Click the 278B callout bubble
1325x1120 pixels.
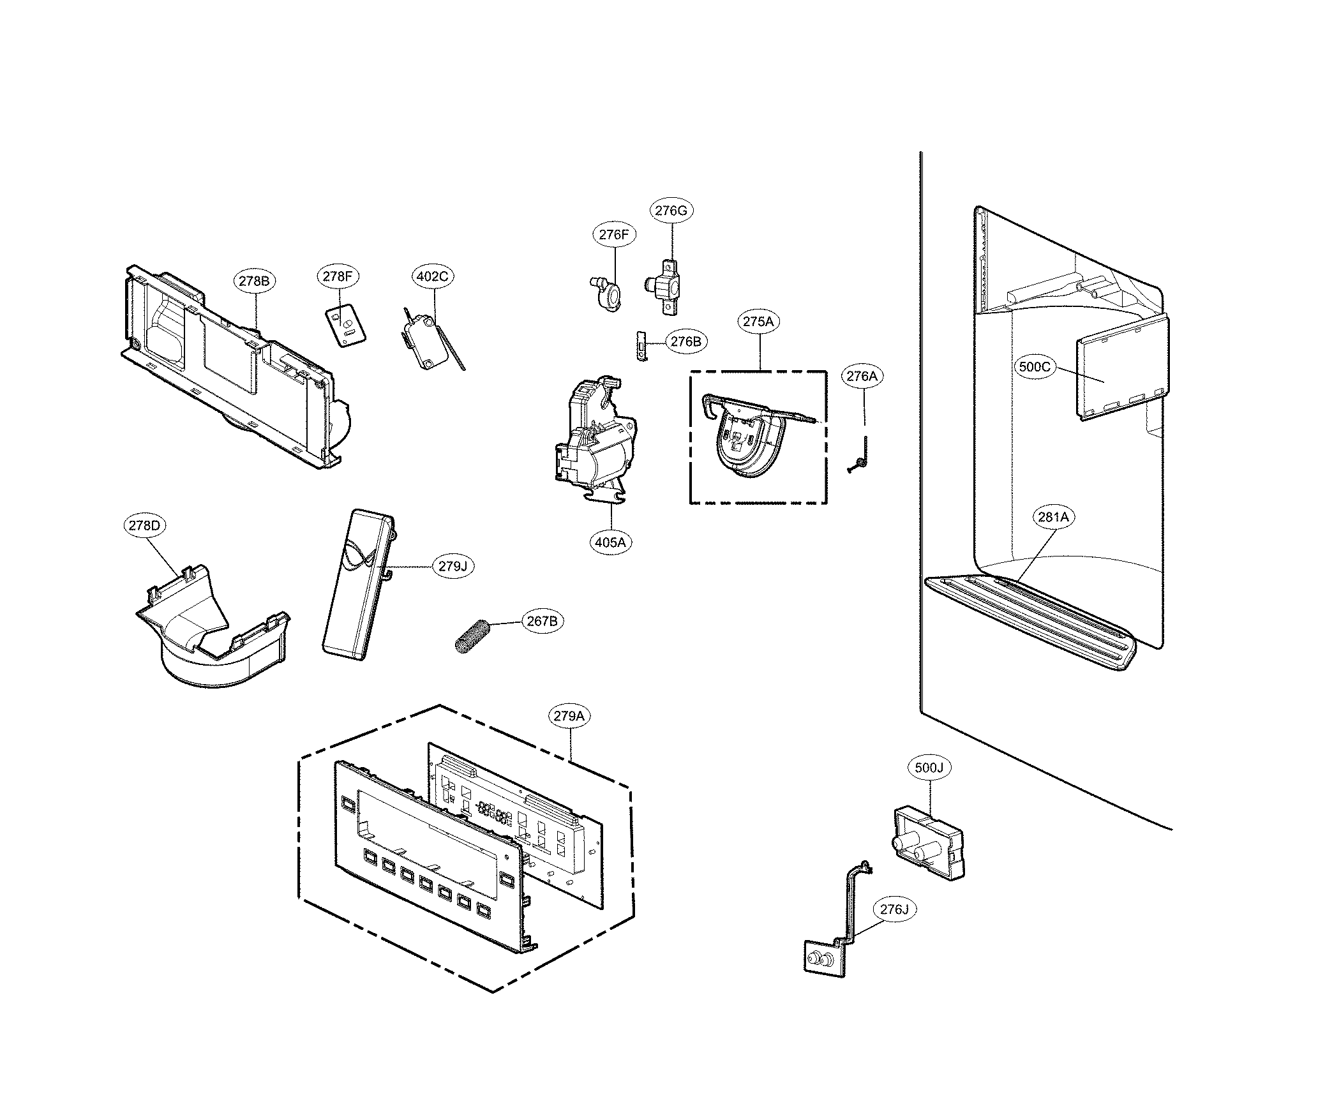[x=254, y=281]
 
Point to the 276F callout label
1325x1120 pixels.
[x=613, y=234]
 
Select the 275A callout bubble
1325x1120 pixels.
[x=758, y=322]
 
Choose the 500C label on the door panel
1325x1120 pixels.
[x=1034, y=366]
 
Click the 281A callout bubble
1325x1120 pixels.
[x=1052, y=517]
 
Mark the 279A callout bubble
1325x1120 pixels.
[x=568, y=716]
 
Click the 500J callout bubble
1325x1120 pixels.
[x=928, y=768]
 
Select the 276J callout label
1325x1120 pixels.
[x=894, y=909]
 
